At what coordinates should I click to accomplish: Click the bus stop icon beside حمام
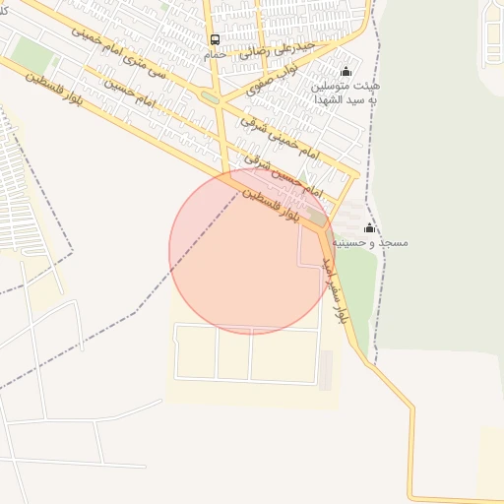[215, 40]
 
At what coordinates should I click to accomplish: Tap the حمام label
[215, 54]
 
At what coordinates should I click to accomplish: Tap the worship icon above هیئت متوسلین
[346, 72]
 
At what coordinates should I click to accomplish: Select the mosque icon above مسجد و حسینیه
[370, 227]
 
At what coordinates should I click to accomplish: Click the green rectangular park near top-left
[34, 55]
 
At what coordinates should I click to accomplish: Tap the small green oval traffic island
[210, 98]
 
